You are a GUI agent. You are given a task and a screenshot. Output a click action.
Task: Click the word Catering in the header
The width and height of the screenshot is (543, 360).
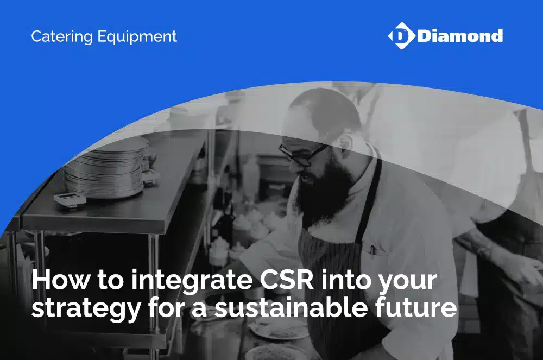(62, 37)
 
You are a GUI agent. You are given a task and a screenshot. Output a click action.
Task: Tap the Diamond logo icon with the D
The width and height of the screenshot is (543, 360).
(402, 36)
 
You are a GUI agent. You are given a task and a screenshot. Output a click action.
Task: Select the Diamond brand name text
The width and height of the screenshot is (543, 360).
(460, 36)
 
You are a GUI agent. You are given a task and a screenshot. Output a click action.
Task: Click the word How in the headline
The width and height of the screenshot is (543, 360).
(61, 280)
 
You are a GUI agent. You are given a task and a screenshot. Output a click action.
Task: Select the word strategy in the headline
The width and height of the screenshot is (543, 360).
(86, 309)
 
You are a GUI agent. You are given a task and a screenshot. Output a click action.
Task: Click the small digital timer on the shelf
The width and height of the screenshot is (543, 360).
(70, 200)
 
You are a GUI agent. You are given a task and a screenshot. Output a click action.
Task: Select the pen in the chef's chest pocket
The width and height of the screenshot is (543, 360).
(372, 251)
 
